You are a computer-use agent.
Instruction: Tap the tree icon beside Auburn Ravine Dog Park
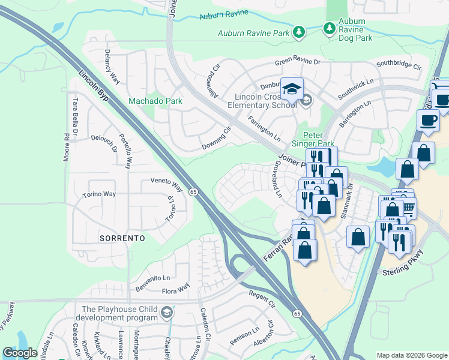tap(329, 28)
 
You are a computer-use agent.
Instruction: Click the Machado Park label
tap(155, 101)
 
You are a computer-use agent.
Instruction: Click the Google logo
tap(20, 353)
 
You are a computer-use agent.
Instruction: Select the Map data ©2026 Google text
tap(411, 355)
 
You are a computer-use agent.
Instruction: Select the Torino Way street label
tap(100, 194)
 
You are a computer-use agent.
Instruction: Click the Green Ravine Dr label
tap(298, 62)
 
